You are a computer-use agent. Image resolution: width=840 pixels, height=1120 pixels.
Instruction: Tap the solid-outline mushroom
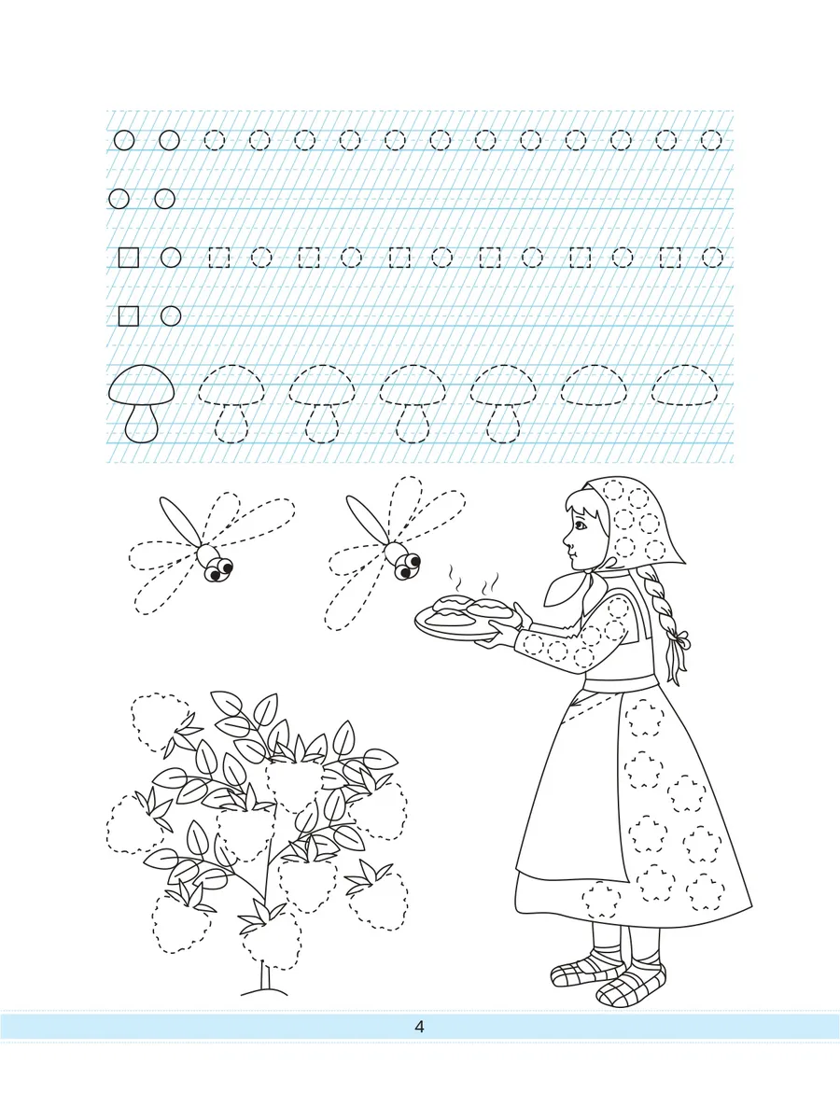[141, 403]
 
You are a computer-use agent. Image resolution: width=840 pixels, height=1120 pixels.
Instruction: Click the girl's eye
[580, 525]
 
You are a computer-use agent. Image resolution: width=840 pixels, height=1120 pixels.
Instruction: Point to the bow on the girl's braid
[680, 638]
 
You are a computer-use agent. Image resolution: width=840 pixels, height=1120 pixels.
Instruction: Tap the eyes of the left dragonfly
[220, 570]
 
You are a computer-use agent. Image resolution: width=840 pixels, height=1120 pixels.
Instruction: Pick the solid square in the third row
[129, 258]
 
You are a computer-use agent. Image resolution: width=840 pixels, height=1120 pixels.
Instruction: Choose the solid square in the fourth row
[129, 316]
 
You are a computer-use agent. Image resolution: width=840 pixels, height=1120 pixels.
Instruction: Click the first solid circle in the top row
[124, 140]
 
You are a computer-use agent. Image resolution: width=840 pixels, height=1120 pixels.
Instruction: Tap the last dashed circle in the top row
[711, 140]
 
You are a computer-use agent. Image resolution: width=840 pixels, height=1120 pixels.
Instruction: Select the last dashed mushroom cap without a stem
[684, 385]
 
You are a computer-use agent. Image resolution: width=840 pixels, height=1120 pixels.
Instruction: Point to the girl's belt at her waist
[619, 682]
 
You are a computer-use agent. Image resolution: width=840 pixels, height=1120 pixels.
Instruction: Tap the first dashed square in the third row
[219, 258]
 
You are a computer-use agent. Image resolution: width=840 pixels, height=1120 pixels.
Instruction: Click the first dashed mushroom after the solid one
[231, 403]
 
